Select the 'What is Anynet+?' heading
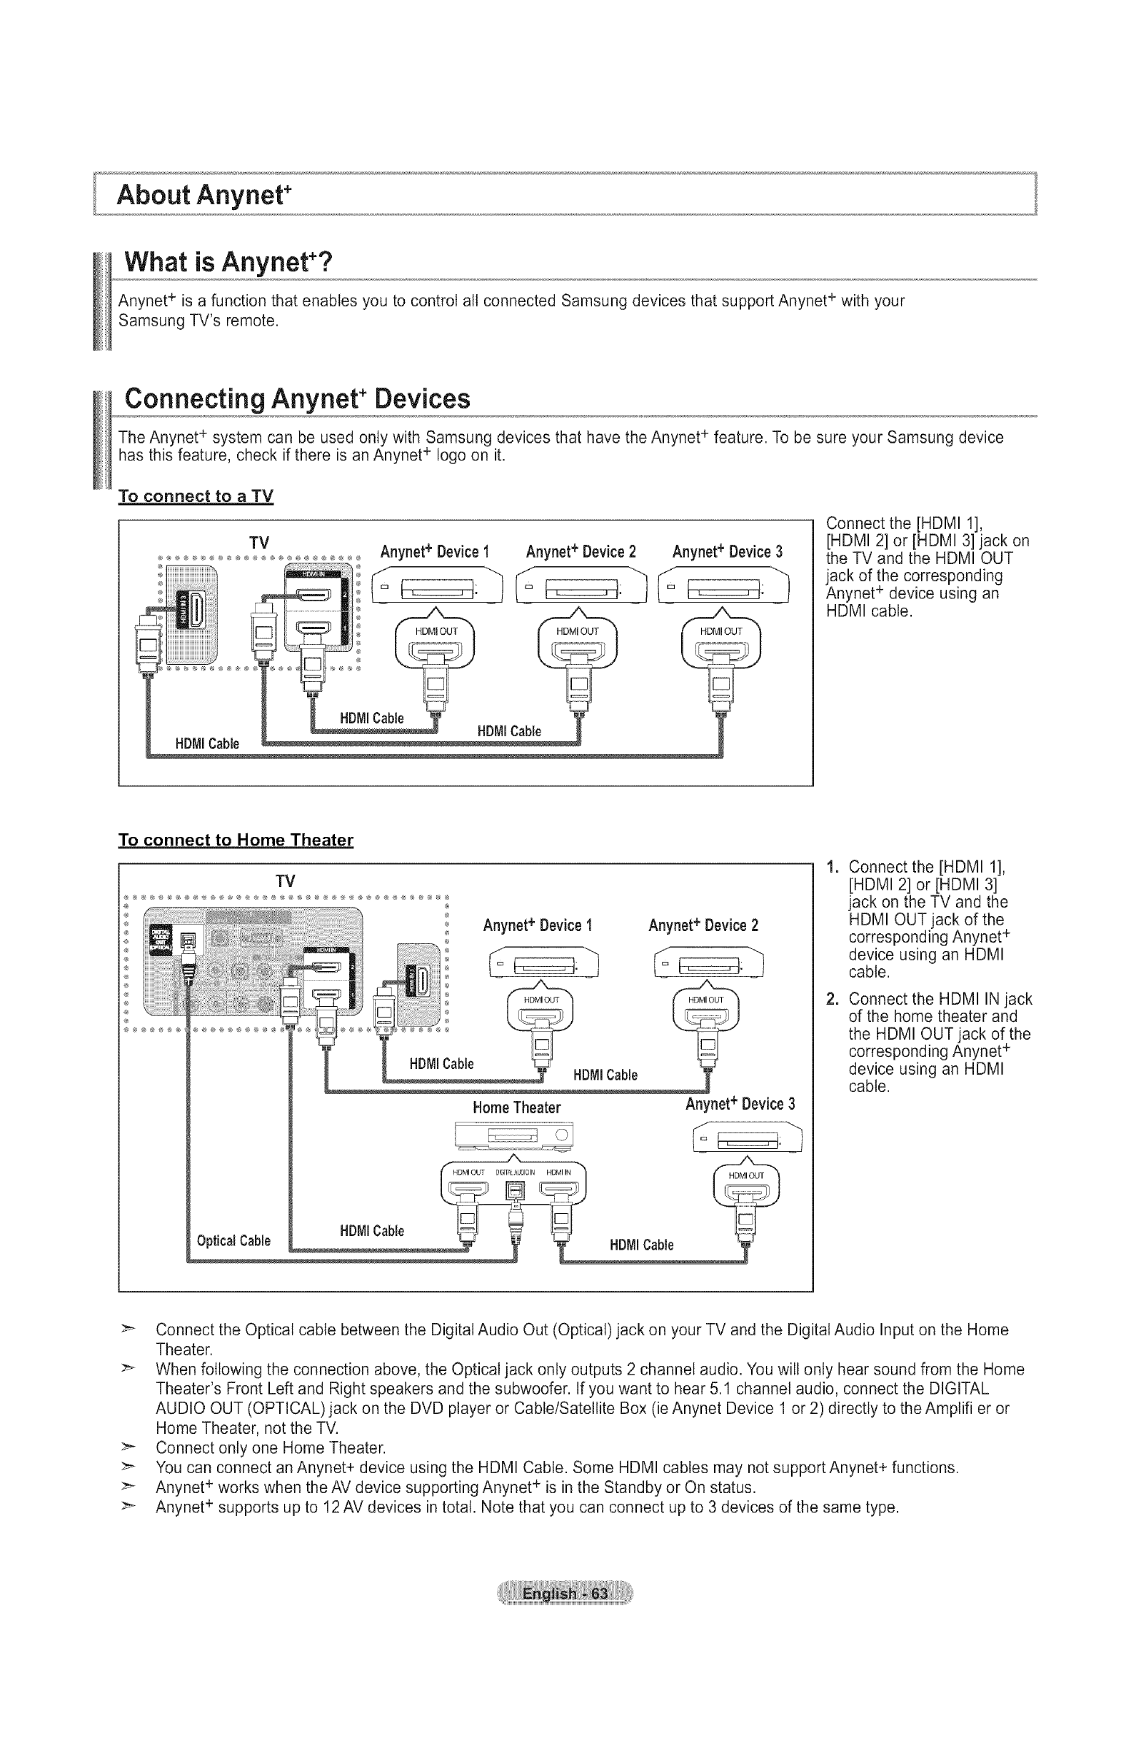tap(228, 261)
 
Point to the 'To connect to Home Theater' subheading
tap(236, 840)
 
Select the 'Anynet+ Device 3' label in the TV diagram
tap(728, 551)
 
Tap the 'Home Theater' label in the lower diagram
tap(516, 1107)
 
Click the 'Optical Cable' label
tap(233, 1240)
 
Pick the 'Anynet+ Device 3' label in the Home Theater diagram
tap(740, 1105)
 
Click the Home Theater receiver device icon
tap(514, 1135)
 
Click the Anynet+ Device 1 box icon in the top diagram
tap(438, 587)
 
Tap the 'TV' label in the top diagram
tap(259, 543)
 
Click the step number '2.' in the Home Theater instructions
tap(832, 999)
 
